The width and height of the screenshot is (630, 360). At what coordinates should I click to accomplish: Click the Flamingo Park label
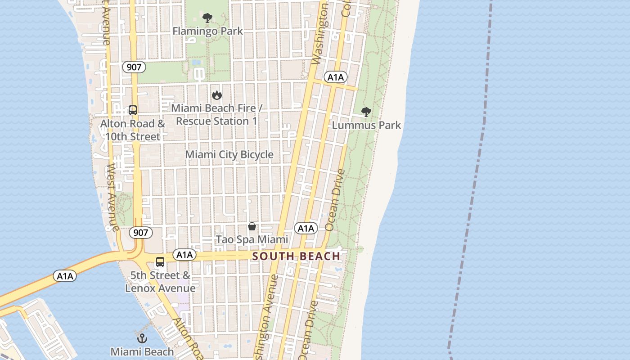pos(207,31)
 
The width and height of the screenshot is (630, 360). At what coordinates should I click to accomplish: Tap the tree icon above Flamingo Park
pos(207,18)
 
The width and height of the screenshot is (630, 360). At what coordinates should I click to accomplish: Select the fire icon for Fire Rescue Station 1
pos(217,95)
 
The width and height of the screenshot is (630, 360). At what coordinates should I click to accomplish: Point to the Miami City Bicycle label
pos(229,154)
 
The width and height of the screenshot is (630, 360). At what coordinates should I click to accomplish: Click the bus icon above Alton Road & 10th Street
pos(132,110)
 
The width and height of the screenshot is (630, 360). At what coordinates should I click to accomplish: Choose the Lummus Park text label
pos(366,125)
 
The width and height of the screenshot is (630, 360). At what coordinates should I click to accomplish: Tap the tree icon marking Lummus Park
pos(366,112)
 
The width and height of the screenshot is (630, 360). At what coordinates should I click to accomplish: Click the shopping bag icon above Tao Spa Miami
pos(252,226)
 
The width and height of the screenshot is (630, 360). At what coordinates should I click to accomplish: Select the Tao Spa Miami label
pos(252,239)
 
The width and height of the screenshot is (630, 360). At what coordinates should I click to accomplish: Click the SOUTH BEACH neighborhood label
pos(296,256)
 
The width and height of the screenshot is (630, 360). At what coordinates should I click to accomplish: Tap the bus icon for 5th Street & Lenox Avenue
pos(160,262)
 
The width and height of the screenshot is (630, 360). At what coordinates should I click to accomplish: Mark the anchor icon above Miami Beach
pos(142,338)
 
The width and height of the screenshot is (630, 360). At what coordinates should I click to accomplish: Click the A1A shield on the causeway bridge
pos(65,276)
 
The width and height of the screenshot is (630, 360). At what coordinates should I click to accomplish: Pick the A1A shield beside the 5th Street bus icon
pos(184,255)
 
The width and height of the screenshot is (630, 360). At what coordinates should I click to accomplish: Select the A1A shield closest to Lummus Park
pos(335,77)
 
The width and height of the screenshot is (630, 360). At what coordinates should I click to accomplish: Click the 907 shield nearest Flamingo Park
pos(134,67)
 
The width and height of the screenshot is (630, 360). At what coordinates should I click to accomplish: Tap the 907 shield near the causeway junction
pos(140,233)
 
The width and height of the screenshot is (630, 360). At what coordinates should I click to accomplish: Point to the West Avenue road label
pos(112,197)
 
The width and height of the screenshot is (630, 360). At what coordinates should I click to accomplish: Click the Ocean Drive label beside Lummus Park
pos(335,200)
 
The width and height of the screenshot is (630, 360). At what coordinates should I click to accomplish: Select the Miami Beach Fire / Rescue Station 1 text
pos(216,115)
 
